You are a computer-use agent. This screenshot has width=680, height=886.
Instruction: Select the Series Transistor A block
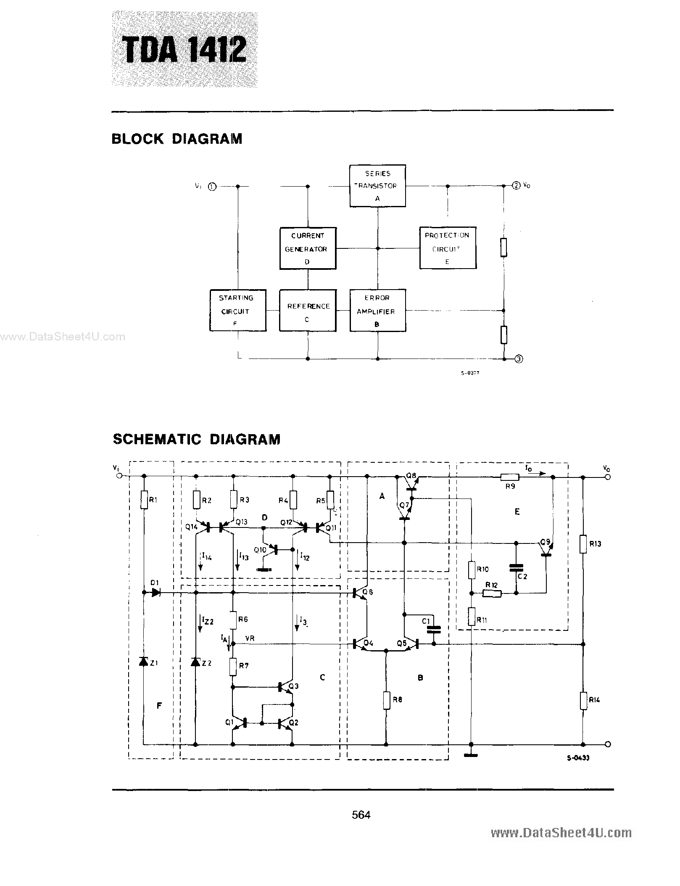point(377,186)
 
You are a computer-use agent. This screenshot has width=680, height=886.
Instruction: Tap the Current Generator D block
point(308,248)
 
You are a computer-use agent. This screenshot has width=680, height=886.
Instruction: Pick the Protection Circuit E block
point(448,248)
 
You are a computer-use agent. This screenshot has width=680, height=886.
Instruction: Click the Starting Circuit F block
point(237,310)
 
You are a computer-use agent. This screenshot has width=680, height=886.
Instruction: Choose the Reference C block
point(308,310)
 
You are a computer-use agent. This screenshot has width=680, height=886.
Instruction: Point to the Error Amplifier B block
point(377,310)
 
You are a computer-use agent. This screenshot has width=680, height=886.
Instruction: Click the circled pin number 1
point(213,187)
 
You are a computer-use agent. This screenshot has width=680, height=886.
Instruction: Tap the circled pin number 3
point(519,359)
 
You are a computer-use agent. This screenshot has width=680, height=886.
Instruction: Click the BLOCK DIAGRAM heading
point(177,139)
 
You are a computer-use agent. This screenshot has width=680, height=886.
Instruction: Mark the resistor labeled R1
point(144,500)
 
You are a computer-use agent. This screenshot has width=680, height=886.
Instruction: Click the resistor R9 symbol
point(510,477)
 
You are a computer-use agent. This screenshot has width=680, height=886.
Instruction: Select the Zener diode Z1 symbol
point(143,662)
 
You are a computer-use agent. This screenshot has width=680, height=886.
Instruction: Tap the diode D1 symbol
point(156,593)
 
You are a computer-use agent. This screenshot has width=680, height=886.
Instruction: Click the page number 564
point(361,815)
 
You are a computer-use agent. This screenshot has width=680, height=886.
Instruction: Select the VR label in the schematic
point(250,638)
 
